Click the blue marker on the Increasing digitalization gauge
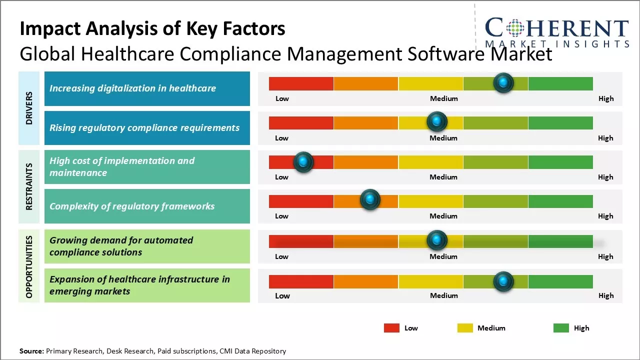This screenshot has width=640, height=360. pyautogui.click(x=503, y=82)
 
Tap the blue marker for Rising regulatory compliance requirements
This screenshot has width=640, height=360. pyautogui.click(x=436, y=121)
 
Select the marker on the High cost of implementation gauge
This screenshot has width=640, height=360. pyautogui.click(x=303, y=162)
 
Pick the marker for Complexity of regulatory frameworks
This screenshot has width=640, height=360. pyautogui.click(x=370, y=200)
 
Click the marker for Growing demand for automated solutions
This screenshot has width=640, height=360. pyautogui.click(x=436, y=240)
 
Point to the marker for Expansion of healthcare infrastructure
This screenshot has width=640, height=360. pyautogui.click(x=503, y=281)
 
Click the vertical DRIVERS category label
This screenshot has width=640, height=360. pyautogui.click(x=29, y=108)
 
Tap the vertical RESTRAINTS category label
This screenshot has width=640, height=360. pyautogui.click(x=29, y=186)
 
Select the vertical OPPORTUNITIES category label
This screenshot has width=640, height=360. pyautogui.click(x=29, y=266)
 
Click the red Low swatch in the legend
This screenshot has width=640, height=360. pyautogui.click(x=391, y=328)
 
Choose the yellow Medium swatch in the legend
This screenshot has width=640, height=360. pyautogui.click(x=465, y=328)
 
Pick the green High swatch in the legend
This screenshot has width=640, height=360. pyautogui.click(x=561, y=328)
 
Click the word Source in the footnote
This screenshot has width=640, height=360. pyautogui.click(x=31, y=351)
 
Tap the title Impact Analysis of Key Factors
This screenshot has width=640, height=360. pyautogui.click(x=152, y=29)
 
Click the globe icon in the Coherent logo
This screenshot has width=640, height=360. pyautogui.click(x=515, y=28)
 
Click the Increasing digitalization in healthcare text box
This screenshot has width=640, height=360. pyautogui.click(x=147, y=88)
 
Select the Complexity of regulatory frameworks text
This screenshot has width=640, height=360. pyautogui.click(x=132, y=206)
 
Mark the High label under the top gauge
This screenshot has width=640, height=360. pyautogui.click(x=605, y=98)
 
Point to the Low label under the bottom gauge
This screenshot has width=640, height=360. pyautogui.click(x=282, y=295)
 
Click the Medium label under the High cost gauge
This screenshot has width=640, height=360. pyautogui.click(x=443, y=177)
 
